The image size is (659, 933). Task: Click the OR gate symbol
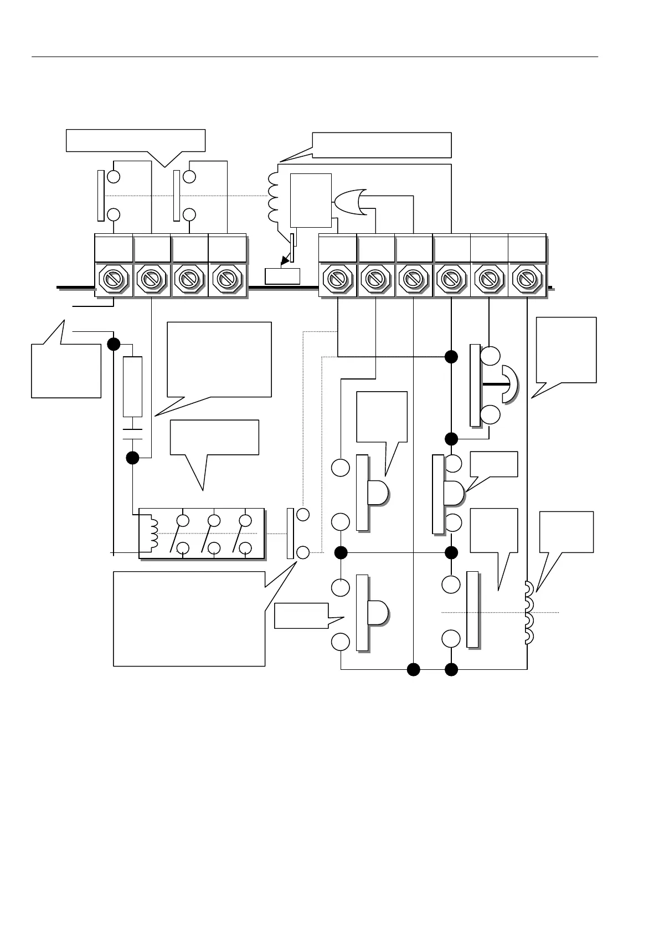pos(348,203)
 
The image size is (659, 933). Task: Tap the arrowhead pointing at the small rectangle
pos(285,260)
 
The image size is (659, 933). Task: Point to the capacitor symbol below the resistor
pos(132,433)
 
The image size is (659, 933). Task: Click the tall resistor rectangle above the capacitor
pos(132,387)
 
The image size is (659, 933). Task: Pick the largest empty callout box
pos(189,618)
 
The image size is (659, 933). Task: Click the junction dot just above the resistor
pos(114,344)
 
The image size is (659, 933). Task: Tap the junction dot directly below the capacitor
pos(132,458)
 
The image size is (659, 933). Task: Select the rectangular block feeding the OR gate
pos(311,200)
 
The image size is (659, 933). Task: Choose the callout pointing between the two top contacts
pos(136,140)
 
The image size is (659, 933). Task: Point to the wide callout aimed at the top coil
pos(382,145)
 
